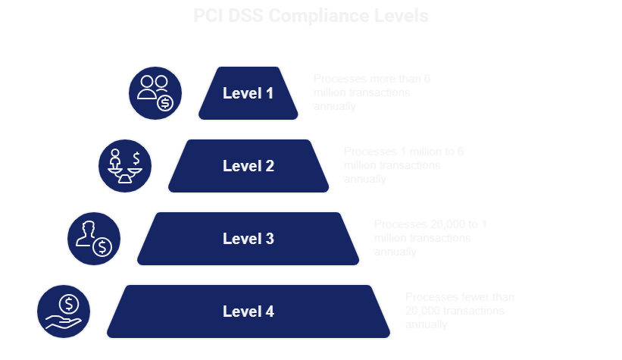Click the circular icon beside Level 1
(x=155, y=93)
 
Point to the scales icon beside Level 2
(x=125, y=166)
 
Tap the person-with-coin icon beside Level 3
(x=94, y=239)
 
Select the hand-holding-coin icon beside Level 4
(x=64, y=311)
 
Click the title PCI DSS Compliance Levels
(x=311, y=16)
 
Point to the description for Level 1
(x=371, y=92)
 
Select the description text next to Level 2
(x=403, y=165)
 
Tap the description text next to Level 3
(x=432, y=238)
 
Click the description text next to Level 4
(x=460, y=311)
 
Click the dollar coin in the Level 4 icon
(x=69, y=304)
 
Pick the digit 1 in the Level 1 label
(x=269, y=93)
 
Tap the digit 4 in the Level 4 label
(x=269, y=311)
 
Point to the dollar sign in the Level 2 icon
(x=136, y=158)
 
